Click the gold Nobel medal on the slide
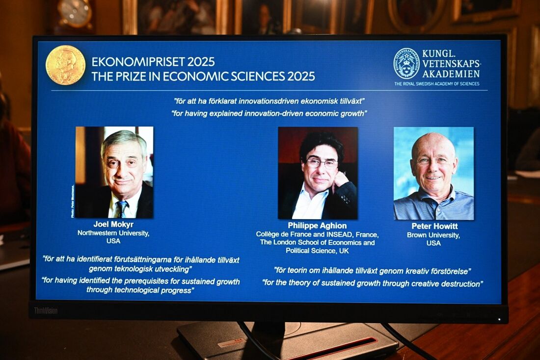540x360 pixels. pos(65,65)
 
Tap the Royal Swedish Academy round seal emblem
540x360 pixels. pos(406,64)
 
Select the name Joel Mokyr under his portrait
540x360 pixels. pos(113,224)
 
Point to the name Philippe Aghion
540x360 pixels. pos(317,226)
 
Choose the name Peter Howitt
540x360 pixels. pos(434,226)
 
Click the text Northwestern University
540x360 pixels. pos(113,233)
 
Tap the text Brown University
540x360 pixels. pos(433,235)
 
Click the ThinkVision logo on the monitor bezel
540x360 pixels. pos(46,310)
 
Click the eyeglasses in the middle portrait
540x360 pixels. pos(322,163)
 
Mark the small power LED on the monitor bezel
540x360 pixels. pos(499,319)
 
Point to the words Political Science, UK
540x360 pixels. pos(317,251)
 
